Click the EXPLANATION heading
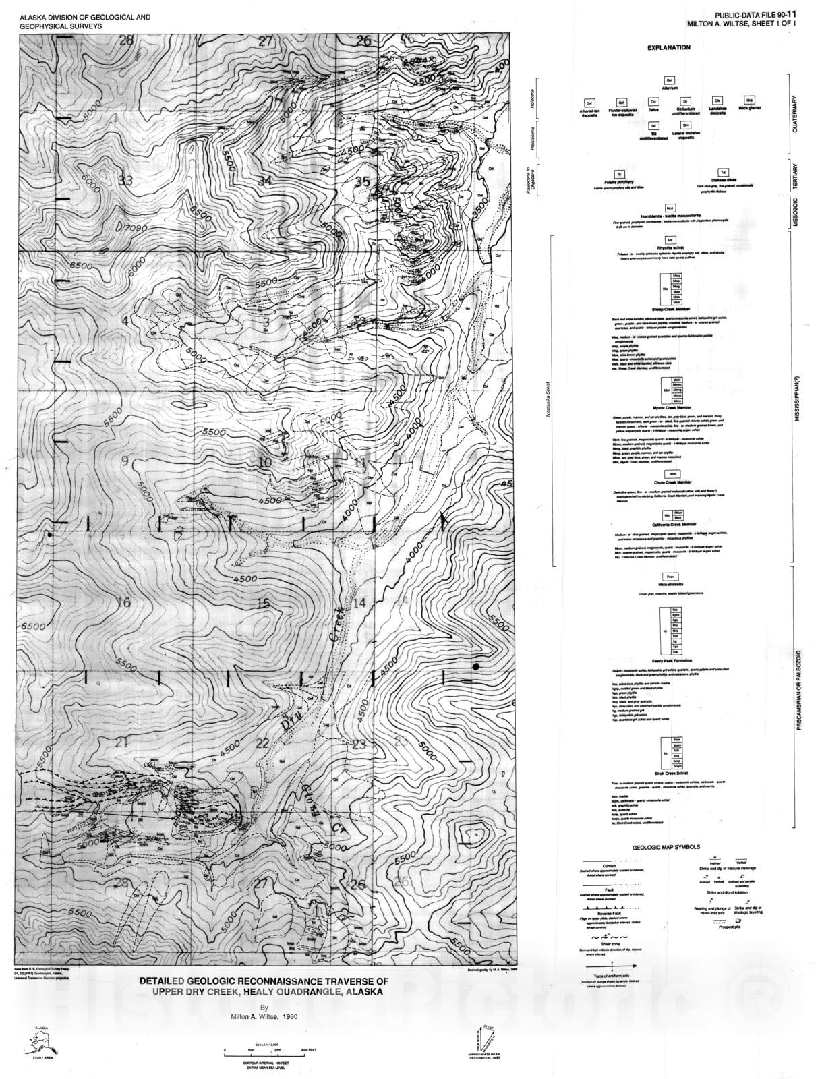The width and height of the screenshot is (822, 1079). (x=668, y=48)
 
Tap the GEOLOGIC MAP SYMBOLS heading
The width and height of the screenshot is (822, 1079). (x=666, y=846)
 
